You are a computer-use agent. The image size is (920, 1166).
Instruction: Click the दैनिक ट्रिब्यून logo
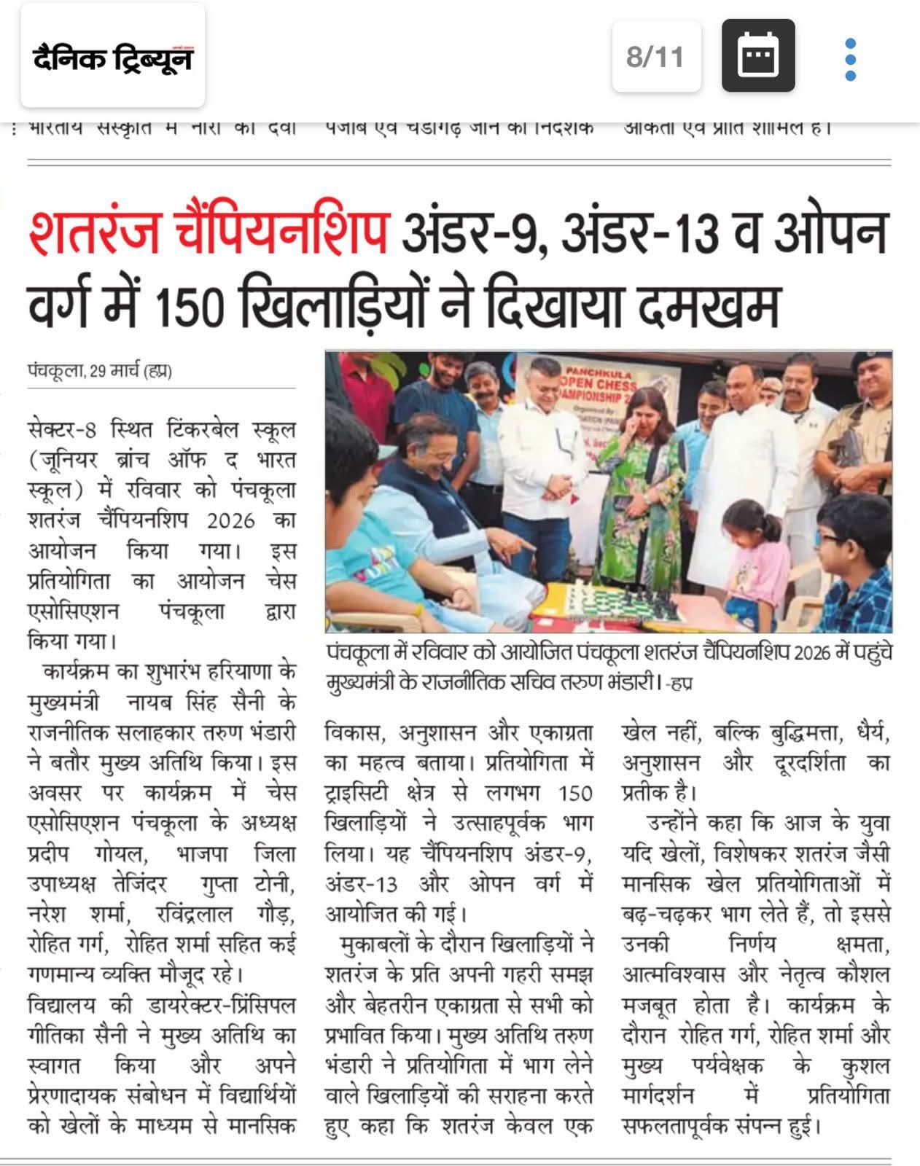[x=112, y=57]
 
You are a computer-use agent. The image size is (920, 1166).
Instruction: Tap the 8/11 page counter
[x=655, y=57]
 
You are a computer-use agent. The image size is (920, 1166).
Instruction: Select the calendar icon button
[x=758, y=56]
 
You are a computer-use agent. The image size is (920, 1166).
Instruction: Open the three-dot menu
[x=849, y=58]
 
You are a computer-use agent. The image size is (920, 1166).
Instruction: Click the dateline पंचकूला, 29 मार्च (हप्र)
[x=100, y=371]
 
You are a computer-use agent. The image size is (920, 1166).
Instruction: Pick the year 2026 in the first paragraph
[x=231, y=520]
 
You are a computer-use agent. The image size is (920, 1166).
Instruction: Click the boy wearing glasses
[x=853, y=561]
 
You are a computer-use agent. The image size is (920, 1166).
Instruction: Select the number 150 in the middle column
[x=575, y=793]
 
